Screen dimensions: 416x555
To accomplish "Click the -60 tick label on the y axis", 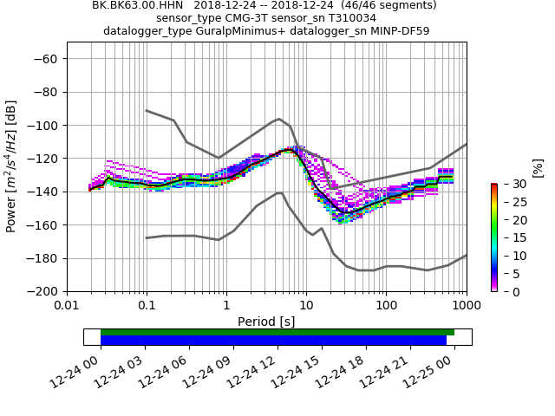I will point(48,59).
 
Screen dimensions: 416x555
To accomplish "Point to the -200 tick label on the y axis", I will point(44,292).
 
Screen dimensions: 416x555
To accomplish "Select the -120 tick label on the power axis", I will point(44,159).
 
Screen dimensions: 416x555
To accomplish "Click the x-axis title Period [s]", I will point(266,322).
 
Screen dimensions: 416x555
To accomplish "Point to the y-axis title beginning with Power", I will point(12,166).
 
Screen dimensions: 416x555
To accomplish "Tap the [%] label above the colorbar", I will point(537,168).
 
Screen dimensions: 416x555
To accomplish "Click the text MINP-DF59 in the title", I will point(399,31).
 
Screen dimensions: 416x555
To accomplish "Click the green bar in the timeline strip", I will point(277,332).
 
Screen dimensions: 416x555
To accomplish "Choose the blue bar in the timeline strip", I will point(273,341).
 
